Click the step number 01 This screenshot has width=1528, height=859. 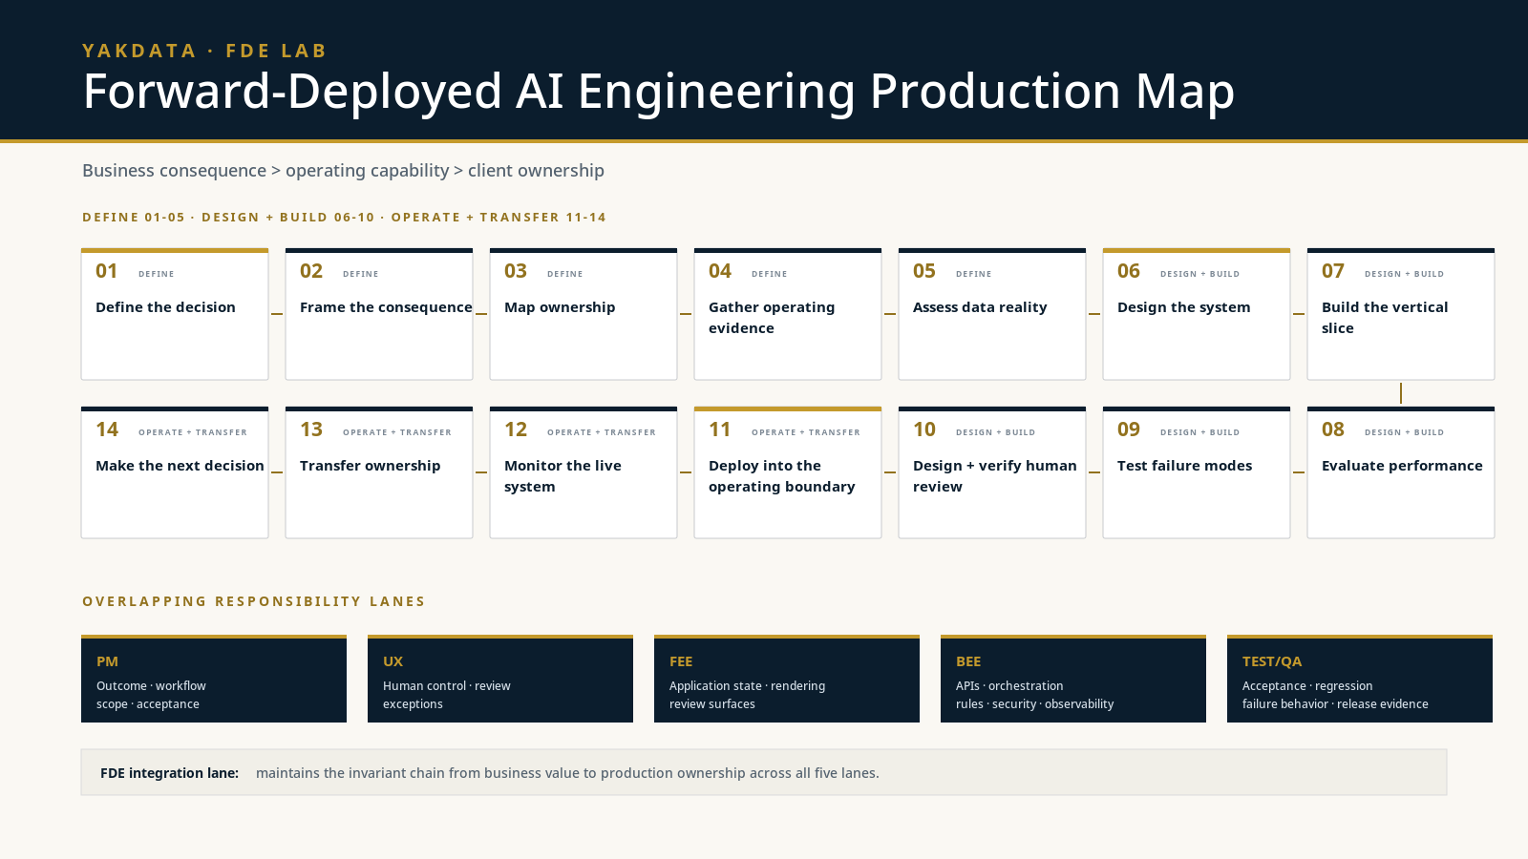106,271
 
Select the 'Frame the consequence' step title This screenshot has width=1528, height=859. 386,307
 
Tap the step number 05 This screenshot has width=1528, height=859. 924,271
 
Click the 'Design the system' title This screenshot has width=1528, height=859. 1183,307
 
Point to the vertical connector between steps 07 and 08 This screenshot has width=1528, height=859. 1400,393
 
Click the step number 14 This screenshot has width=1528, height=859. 107,429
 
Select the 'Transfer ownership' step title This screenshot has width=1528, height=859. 371,466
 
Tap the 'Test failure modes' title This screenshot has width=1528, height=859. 1185,466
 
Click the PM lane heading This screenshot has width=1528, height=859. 107,661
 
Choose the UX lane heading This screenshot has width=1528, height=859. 393,661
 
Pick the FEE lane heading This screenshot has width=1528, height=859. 681,661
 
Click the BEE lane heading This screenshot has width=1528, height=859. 968,661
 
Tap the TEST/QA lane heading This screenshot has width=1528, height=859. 1271,661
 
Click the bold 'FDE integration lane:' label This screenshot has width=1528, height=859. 169,773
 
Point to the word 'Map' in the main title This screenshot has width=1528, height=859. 1185,92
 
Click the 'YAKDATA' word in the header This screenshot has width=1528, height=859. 139,52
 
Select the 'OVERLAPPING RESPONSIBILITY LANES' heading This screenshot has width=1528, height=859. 254,601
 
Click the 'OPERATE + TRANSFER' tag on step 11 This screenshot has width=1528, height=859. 806,432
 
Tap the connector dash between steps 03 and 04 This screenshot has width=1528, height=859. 686,314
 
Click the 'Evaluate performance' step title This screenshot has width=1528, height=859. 1402,466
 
